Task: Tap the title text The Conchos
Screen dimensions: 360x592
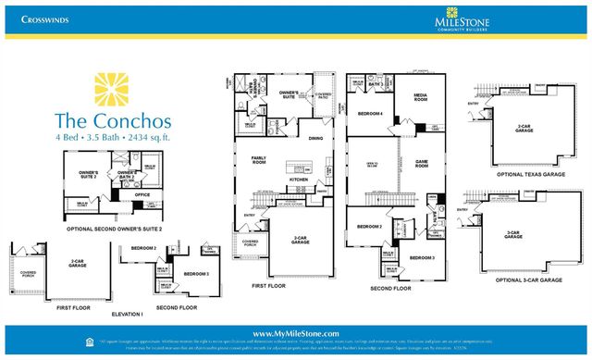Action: tap(112, 119)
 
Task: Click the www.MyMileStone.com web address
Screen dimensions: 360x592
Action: tap(296, 333)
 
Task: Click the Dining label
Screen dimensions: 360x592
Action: tap(315, 139)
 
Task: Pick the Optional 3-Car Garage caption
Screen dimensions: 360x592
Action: tap(526, 279)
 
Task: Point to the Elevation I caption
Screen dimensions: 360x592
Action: tap(129, 314)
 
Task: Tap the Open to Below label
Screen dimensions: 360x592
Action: tap(362, 166)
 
